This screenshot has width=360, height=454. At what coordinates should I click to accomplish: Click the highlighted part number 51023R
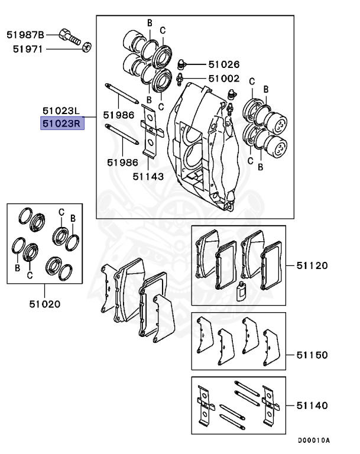point(61,124)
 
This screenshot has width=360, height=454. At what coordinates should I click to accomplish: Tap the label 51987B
point(25,35)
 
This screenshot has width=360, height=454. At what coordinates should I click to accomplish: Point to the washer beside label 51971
point(86,47)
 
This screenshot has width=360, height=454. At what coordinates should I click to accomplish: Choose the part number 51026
point(223,64)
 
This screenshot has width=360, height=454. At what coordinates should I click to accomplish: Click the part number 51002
point(223,78)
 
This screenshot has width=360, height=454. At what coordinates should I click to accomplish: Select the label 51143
point(148,176)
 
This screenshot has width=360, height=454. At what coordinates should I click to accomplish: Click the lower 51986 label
point(122,161)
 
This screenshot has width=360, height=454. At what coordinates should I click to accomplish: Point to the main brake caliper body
point(201,148)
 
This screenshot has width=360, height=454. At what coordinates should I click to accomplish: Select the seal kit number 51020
point(45,304)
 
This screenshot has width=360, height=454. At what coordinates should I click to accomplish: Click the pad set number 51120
point(312,265)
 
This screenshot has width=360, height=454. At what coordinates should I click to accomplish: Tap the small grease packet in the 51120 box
point(240,291)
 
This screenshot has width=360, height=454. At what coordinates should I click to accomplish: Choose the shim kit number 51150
point(312,355)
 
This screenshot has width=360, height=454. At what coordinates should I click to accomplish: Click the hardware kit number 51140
point(312,406)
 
